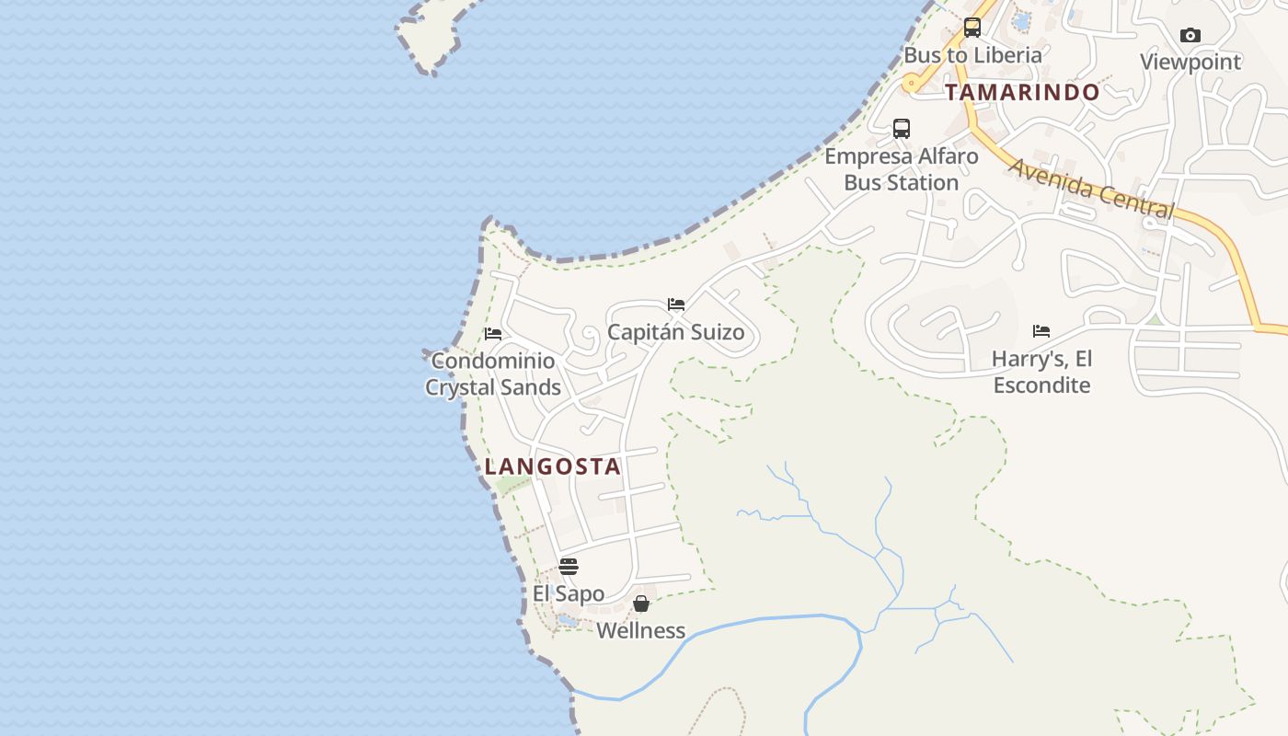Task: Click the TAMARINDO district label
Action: (x=1022, y=92)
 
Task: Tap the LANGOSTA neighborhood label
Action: (x=553, y=466)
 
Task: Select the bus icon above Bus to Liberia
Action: (x=972, y=28)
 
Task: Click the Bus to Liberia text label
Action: (x=972, y=55)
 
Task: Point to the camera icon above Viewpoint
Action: (x=1190, y=35)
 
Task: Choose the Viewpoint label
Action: (x=1190, y=62)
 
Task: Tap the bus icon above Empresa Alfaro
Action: (x=902, y=129)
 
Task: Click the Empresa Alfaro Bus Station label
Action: (x=902, y=169)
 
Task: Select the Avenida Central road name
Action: (x=1092, y=189)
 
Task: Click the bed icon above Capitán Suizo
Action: (x=676, y=305)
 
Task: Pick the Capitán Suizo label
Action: (x=676, y=332)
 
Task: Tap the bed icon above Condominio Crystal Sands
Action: (x=493, y=333)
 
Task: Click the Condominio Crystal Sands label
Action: (x=493, y=374)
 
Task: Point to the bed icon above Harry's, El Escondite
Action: (x=1041, y=330)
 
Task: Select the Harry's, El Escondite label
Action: (x=1041, y=372)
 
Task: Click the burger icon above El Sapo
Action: (x=569, y=566)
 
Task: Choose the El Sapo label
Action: (x=569, y=593)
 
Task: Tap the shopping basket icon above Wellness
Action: (x=641, y=604)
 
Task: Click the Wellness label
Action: (x=641, y=631)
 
